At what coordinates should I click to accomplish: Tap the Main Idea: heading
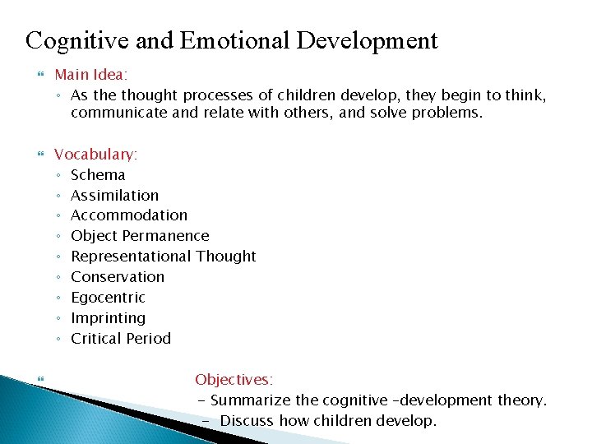(x=90, y=75)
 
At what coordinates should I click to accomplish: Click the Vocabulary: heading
(x=95, y=154)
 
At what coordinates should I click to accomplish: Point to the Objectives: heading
(x=234, y=380)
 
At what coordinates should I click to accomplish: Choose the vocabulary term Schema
(x=98, y=174)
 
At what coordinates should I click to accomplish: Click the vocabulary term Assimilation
(x=114, y=195)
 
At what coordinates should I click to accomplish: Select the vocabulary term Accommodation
(x=129, y=215)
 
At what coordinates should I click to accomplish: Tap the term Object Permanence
(x=140, y=236)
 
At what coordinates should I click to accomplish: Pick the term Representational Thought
(x=164, y=257)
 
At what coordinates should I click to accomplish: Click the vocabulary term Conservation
(x=118, y=277)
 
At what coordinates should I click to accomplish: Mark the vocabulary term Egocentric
(x=108, y=298)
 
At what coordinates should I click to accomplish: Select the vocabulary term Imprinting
(x=108, y=318)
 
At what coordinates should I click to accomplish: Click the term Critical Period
(x=121, y=339)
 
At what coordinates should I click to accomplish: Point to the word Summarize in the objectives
(x=251, y=400)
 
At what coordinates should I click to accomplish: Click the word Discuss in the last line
(x=247, y=421)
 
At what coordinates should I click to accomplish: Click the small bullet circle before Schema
(x=59, y=175)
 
